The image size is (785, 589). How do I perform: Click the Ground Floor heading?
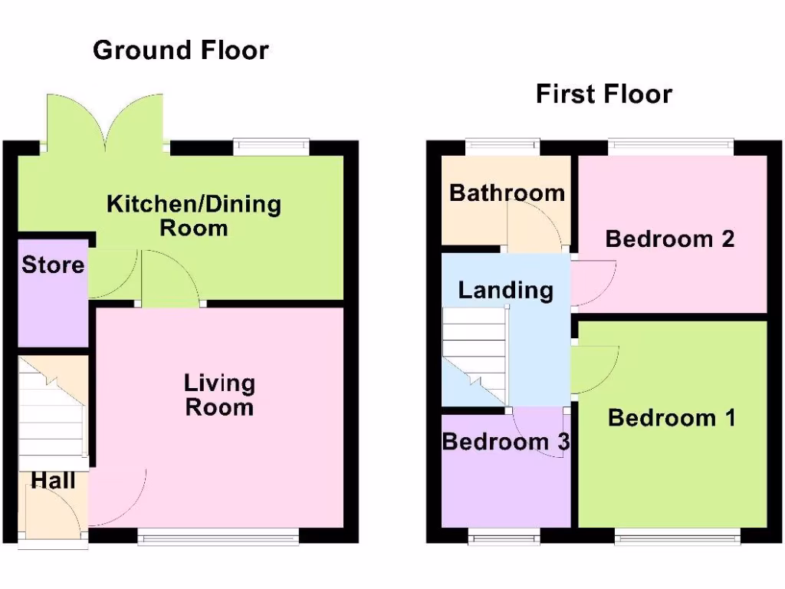click(181, 51)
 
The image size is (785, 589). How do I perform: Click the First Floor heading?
click(603, 94)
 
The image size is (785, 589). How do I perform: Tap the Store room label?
click(53, 265)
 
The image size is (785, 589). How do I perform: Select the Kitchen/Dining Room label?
click(194, 216)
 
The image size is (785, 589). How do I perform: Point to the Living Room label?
click(219, 394)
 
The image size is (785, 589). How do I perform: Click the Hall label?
click(53, 481)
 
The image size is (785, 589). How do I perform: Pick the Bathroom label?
click(507, 192)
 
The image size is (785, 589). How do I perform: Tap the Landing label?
click(505, 290)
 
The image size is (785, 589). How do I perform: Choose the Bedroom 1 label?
click(672, 418)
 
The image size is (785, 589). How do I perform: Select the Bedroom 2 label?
click(670, 239)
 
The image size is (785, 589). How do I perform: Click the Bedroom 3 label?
click(505, 442)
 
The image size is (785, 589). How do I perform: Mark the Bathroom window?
click(502, 146)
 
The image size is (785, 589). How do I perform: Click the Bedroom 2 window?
click(671, 146)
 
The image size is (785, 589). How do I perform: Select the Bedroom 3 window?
click(504, 538)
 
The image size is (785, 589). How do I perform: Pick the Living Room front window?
click(218, 538)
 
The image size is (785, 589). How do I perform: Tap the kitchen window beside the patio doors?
click(271, 146)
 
